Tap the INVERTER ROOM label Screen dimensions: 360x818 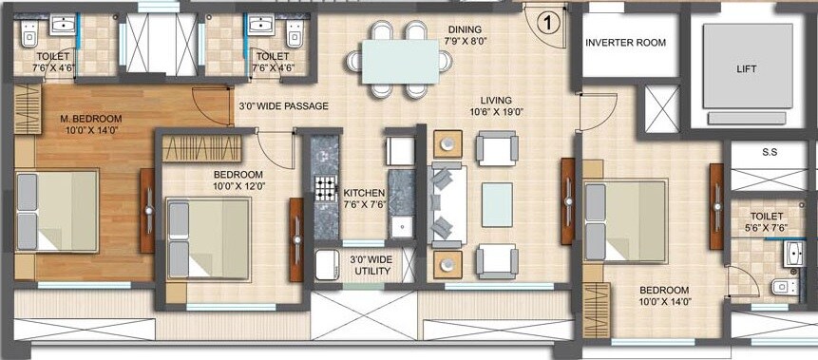click(625, 43)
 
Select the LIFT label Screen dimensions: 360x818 click(748, 69)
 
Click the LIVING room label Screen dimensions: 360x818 click(496, 100)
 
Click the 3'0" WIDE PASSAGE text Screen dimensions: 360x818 click(283, 106)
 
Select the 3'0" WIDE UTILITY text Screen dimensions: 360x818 click(371, 265)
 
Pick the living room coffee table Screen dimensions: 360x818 click(496, 200)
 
